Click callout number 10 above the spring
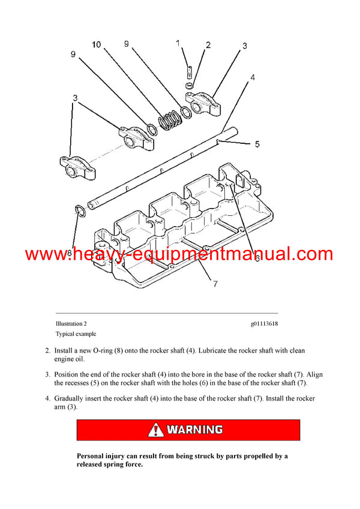[x=97, y=44]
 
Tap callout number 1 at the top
[x=178, y=43]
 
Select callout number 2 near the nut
[x=208, y=45]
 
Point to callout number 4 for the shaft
[x=253, y=77]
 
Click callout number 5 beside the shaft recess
[x=257, y=144]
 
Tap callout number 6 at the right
[x=256, y=258]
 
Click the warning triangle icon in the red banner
[x=156, y=429]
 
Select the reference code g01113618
[x=264, y=324]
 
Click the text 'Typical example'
[x=76, y=334]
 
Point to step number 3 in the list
[x=47, y=375]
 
